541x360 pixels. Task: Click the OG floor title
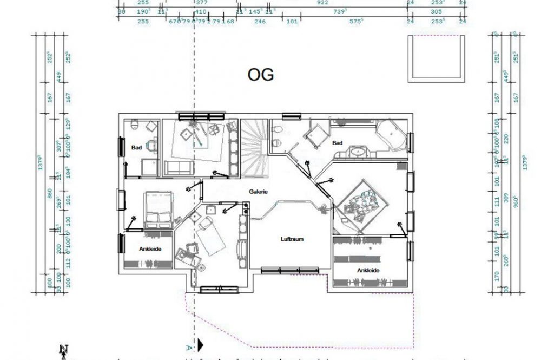[x=261, y=75]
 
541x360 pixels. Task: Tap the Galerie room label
[x=259, y=192]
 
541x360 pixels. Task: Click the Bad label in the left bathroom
[x=136, y=147]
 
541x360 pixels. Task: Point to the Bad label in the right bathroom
[x=338, y=143]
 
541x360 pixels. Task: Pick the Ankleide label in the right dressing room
[x=367, y=270]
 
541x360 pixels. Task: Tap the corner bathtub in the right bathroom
[x=391, y=135]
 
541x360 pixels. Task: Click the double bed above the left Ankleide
[x=157, y=209]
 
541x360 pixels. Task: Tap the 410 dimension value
[x=200, y=11]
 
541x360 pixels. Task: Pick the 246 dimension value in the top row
[x=260, y=21]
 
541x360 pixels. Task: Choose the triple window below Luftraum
[x=289, y=270]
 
